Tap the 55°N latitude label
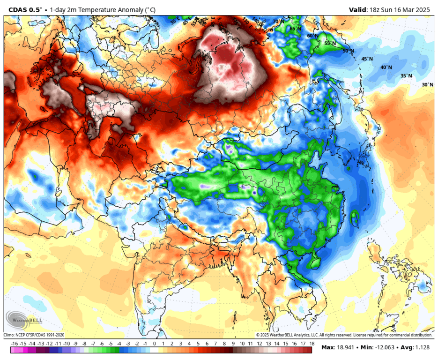click(x=330, y=44)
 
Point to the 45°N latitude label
click(x=367, y=59)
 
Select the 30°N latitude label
click(x=427, y=85)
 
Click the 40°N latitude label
click(x=386, y=67)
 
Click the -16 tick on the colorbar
click(x=14, y=344)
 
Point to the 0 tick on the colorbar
click(x=154, y=344)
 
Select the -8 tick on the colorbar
click(x=84, y=344)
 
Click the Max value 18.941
click(x=347, y=347)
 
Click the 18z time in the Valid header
click(x=377, y=9)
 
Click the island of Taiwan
click(x=354, y=218)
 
